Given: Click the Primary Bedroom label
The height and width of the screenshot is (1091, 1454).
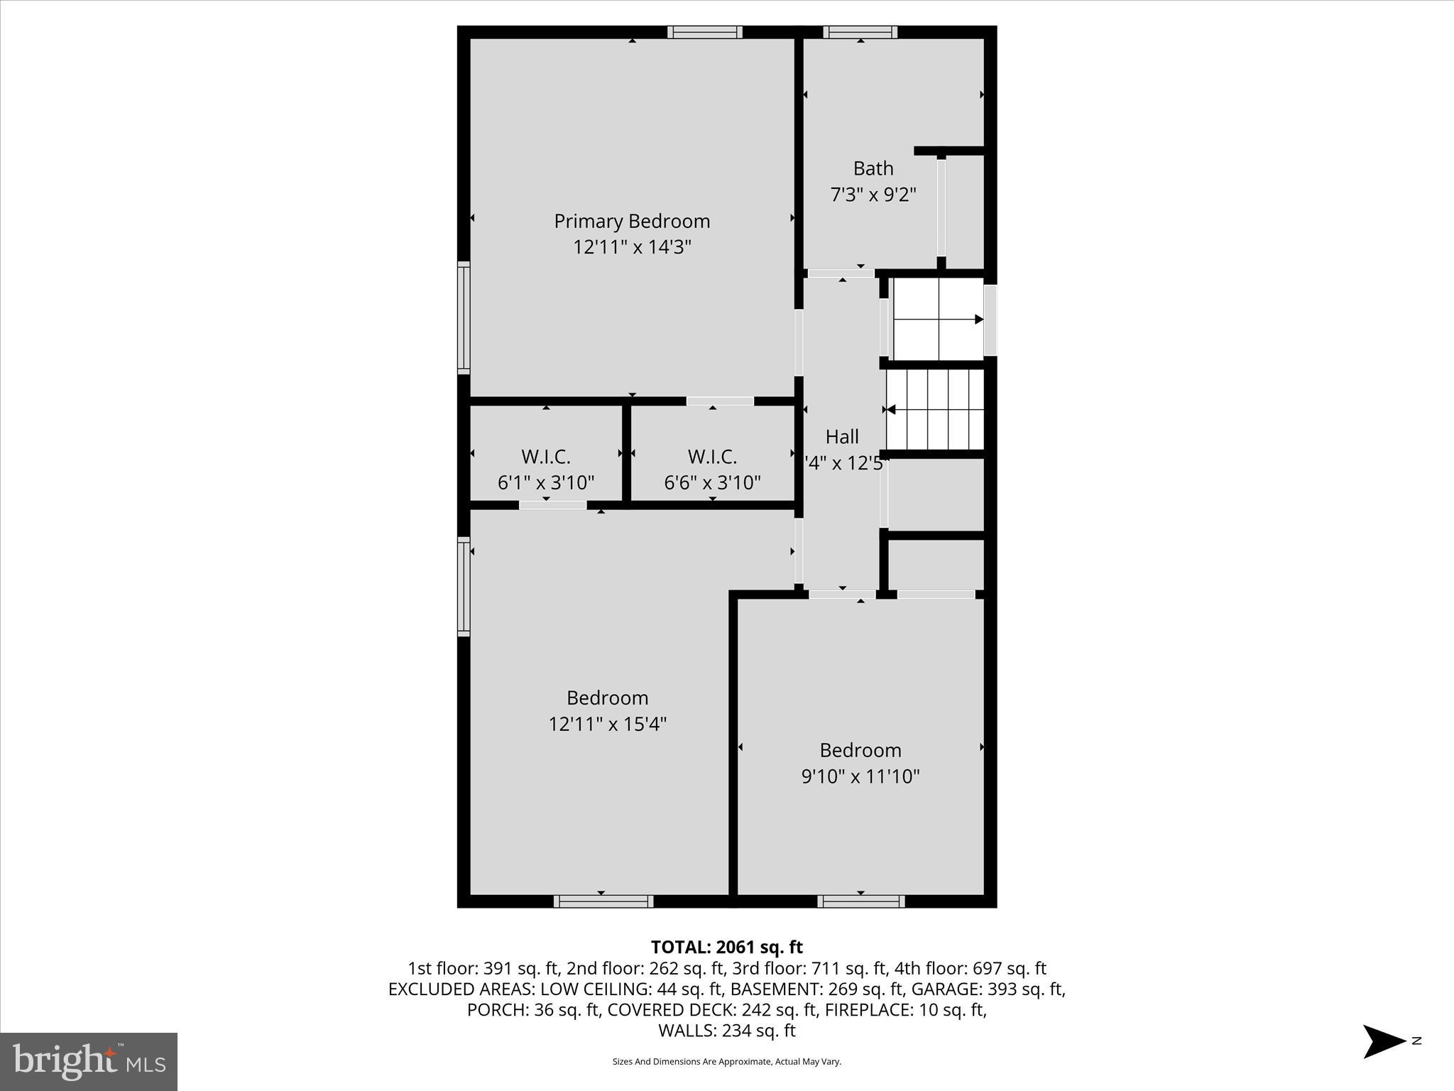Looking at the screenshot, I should pyautogui.click(x=632, y=221).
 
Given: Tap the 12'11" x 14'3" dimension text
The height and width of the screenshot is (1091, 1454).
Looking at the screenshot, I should pyautogui.click(x=632, y=247).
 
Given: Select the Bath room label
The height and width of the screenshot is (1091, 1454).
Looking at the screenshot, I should pyautogui.click(x=873, y=168).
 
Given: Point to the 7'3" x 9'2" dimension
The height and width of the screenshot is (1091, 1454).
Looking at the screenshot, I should pyautogui.click(x=873, y=195).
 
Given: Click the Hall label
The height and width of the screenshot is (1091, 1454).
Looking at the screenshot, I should pyautogui.click(x=842, y=436).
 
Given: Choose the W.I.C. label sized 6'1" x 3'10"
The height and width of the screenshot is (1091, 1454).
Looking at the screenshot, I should pyautogui.click(x=545, y=456).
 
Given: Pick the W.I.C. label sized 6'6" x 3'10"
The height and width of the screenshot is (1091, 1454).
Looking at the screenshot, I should pyautogui.click(x=712, y=456).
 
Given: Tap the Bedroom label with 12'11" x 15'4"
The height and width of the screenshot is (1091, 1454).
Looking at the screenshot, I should pyautogui.click(x=607, y=698).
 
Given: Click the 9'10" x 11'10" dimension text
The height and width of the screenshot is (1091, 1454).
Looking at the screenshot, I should pyautogui.click(x=860, y=776).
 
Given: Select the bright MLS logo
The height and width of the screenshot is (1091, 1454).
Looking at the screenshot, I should pyautogui.click(x=89, y=1061).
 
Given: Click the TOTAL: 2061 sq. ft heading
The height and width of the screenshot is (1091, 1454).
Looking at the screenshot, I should pyautogui.click(x=726, y=947).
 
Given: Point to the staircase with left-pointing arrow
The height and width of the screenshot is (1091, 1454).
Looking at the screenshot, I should pyautogui.click(x=934, y=409).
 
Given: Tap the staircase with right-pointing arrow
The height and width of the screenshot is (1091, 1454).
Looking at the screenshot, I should pyautogui.click(x=937, y=319).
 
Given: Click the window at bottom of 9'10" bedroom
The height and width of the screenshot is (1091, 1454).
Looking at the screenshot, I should pyautogui.click(x=860, y=901).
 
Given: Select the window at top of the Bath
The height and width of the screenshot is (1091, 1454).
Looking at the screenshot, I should pyautogui.click(x=860, y=32).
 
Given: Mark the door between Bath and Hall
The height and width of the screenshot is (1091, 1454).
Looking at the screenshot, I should pyautogui.click(x=841, y=273).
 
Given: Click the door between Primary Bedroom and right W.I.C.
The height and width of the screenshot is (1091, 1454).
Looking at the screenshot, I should pyautogui.click(x=720, y=401).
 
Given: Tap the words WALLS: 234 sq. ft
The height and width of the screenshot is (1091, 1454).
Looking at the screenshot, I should pyautogui.click(x=726, y=1030).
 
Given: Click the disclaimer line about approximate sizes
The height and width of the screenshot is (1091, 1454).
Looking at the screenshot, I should pyautogui.click(x=726, y=1061).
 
